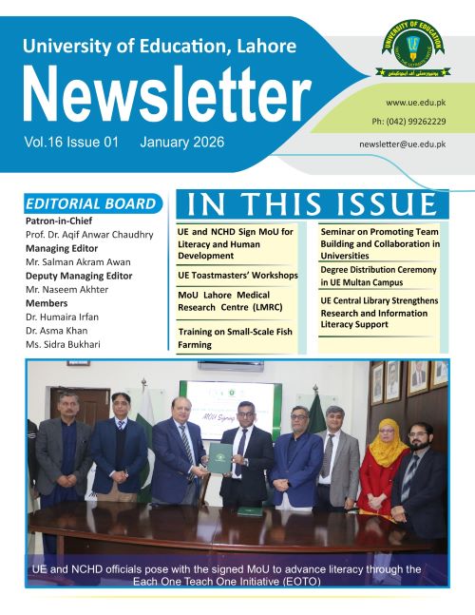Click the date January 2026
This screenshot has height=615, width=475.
pos(181,142)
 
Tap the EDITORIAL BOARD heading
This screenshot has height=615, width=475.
pos(90,203)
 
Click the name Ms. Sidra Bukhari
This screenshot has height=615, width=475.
pos(63,343)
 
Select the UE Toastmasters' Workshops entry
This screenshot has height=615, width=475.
pos(237,276)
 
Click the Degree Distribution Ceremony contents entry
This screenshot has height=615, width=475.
pos(378,276)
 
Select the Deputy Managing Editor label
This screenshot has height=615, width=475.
pos(80,276)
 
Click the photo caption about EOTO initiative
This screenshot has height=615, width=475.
pos(226,574)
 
